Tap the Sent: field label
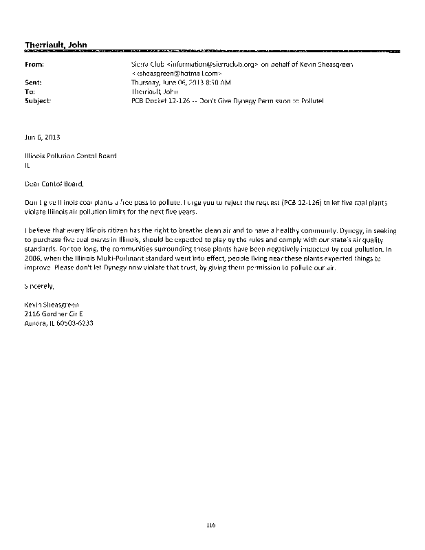34,82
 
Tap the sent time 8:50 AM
217,82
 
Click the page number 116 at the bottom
211,525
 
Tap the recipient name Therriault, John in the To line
155,91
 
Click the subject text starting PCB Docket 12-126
226,100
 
